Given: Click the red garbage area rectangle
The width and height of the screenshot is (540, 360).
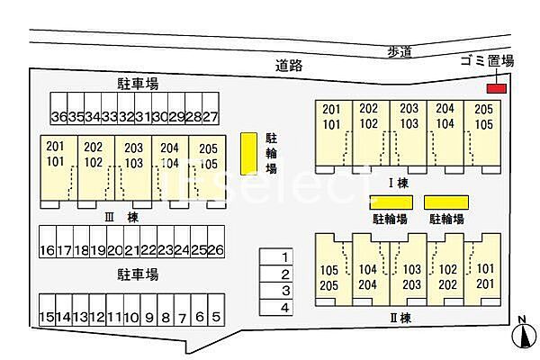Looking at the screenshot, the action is pos(496,88).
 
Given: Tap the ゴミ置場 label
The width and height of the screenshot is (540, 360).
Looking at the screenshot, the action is pos(487,61).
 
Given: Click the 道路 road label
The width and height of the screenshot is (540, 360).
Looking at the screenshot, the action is pos(289,65).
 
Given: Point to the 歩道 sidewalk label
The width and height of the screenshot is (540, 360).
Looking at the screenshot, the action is pos(400,52).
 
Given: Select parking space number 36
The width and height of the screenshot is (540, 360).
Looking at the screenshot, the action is pos(58,108).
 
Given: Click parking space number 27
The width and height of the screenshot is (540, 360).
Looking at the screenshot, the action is pos(211,108).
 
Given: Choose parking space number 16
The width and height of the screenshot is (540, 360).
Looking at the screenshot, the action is pos(48,241).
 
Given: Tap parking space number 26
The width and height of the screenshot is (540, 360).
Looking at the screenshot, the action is pos(216,241).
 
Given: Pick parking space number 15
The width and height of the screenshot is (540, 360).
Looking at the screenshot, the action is pos(47,310).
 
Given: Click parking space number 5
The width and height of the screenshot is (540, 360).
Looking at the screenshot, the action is pos(216,310).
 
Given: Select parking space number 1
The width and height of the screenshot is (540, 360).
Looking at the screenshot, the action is pos(276,256).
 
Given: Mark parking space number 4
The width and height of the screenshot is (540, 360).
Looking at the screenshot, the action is pos(276,307).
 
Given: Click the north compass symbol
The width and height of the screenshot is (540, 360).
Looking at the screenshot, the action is pos(524,335).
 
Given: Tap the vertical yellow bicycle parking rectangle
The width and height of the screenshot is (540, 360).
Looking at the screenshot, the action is pos(248,154).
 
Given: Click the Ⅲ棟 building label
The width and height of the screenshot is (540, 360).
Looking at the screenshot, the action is pos(121,218).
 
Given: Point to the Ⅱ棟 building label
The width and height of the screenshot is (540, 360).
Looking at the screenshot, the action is pos(400,318).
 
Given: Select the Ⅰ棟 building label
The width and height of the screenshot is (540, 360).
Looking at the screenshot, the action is pos(399,183).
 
